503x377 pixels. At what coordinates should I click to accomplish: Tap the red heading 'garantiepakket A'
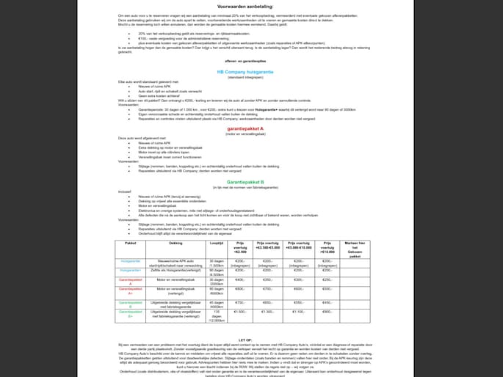252,128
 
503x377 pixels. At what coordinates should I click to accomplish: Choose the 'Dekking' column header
176,244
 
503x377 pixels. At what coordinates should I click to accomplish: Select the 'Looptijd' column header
217,244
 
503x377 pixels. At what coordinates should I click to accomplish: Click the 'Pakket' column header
131,244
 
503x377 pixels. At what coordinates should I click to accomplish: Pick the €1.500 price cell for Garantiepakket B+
239,312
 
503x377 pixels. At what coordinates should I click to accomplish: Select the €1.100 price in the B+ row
298,312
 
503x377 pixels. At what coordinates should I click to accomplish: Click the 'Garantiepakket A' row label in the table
131,281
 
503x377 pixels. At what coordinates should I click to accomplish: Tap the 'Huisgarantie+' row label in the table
131,270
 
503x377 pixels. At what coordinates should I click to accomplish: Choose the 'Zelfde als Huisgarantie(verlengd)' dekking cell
176,270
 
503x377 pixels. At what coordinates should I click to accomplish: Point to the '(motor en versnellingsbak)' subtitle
252,133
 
